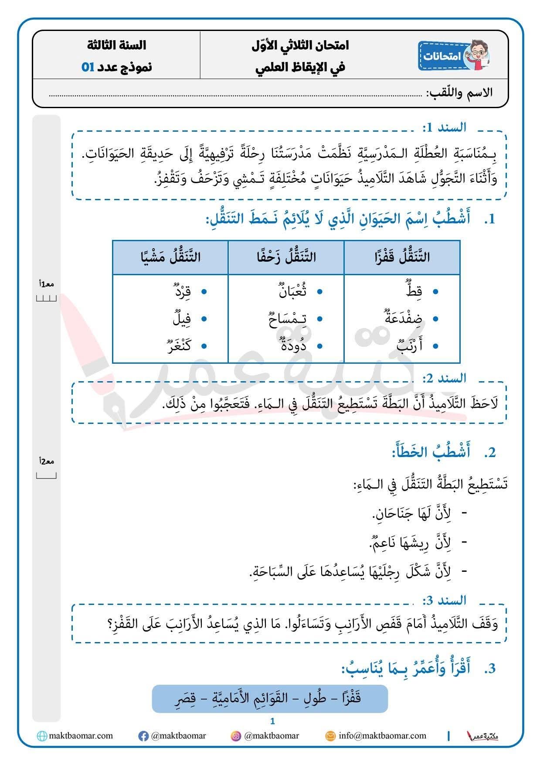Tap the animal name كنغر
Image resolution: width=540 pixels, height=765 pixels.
(179, 346)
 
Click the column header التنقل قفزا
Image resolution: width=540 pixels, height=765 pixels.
(402, 257)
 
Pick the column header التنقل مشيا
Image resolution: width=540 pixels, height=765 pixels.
(170, 257)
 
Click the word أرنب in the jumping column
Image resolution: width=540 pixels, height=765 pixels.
(409, 346)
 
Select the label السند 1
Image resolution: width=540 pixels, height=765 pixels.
(444, 127)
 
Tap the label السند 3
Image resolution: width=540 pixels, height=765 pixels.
(444, 601)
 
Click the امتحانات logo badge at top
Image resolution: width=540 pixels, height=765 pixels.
(453, 56)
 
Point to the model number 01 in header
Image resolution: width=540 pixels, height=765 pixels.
(88, 67)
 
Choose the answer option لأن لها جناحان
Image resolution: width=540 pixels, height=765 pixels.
(412, 514)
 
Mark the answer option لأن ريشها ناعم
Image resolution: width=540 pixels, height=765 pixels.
(410, 543)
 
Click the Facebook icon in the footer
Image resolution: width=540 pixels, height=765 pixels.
(143, 736)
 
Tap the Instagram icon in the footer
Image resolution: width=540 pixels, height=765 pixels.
(236, 736)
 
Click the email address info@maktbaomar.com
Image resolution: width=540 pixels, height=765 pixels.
(382, 736)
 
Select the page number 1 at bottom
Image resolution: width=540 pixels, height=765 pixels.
(273, 721)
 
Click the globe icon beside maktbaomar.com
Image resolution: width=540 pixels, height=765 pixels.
(42, 736)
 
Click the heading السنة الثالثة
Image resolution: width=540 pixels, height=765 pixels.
(116, 45)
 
